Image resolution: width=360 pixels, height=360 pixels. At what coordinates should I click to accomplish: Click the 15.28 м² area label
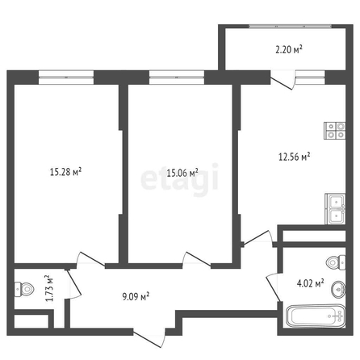point(66,172)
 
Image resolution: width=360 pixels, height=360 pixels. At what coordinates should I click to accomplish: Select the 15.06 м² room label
point(182,173)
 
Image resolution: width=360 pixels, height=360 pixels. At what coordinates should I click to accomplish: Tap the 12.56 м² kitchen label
point(295,157)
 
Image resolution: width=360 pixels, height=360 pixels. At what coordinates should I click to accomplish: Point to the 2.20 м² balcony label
point(289,50)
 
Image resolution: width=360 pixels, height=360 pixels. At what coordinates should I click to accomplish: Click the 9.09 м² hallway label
point(136,297)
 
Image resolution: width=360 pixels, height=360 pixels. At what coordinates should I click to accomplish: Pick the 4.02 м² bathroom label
point(310,283)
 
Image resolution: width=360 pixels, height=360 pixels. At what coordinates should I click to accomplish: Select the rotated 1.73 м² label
point(49,288)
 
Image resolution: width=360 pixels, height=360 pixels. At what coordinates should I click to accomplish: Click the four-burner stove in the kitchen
point(335,131)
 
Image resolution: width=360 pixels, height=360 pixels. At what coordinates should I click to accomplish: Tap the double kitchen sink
point(335,209)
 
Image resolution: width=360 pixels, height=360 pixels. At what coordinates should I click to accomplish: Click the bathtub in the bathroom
point(316,316)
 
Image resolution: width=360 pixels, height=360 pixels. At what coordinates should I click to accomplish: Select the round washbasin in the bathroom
point(338,289)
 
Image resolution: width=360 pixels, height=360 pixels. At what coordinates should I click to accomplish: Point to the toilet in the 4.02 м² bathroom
point(336,262)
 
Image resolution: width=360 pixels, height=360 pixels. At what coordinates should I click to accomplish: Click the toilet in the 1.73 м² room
point(24,289)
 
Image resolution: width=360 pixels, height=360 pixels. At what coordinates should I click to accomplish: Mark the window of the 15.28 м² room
point(66,77)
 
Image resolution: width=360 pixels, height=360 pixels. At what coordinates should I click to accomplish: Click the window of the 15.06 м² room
point(177,77)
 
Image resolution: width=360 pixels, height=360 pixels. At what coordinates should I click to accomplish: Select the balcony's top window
point(290,27)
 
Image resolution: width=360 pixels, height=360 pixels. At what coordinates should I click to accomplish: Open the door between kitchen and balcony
point(283,80)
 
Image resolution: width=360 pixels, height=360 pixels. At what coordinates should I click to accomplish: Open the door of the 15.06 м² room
point(196,260)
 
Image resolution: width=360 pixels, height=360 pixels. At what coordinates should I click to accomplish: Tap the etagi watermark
point(179,179)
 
